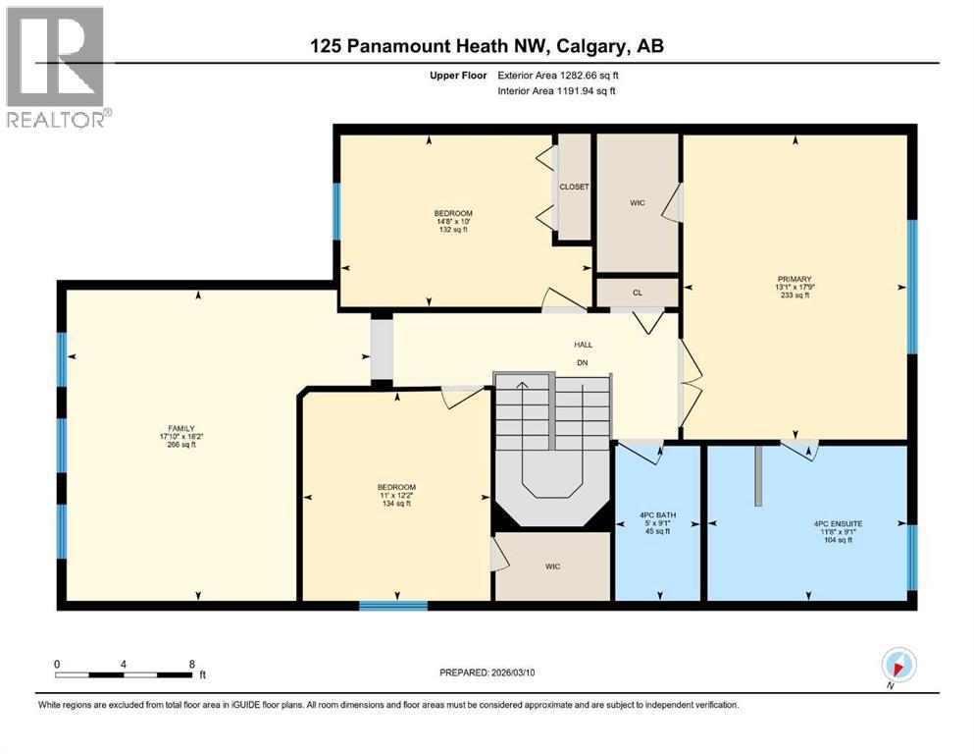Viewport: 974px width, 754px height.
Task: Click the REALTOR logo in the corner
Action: coord(55,67)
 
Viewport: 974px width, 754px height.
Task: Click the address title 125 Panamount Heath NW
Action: coord(487,46)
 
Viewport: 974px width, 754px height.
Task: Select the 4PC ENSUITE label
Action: coord(839,524)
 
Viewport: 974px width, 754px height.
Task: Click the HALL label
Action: coord(584,345)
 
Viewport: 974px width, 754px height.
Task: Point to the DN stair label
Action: coord(584,362)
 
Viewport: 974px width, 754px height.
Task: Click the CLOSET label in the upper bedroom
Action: coord(573,187)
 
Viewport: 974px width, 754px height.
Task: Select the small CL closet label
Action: coord(637,293)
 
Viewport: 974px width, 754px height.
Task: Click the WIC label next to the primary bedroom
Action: coord(637,203)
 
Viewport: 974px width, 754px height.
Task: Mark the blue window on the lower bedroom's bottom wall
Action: coord(392,605)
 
